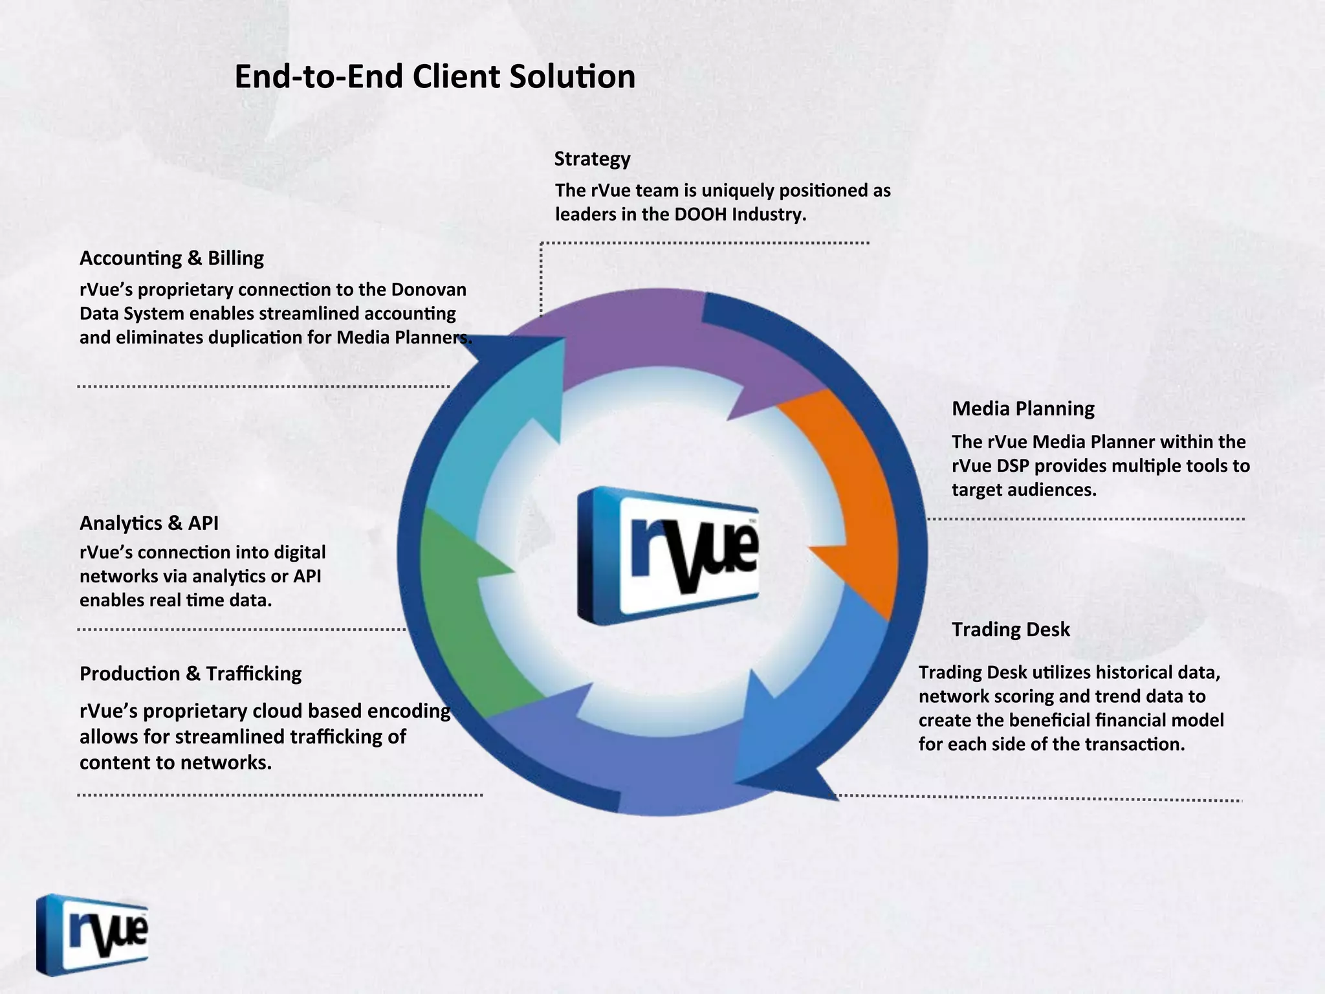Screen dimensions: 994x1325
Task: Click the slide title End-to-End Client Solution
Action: (434, 77)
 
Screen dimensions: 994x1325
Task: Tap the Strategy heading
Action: (592, 159)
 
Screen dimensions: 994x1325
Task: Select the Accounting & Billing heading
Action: (171, 258)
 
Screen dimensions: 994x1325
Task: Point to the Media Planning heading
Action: (1023, 408)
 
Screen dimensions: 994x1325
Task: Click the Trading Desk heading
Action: (1011, 629)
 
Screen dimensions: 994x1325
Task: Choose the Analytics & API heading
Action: (149, 523)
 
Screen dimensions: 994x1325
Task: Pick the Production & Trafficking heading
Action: (190, 674)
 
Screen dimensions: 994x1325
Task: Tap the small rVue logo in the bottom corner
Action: (93, 934)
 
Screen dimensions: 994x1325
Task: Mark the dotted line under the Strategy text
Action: (705, 243)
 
